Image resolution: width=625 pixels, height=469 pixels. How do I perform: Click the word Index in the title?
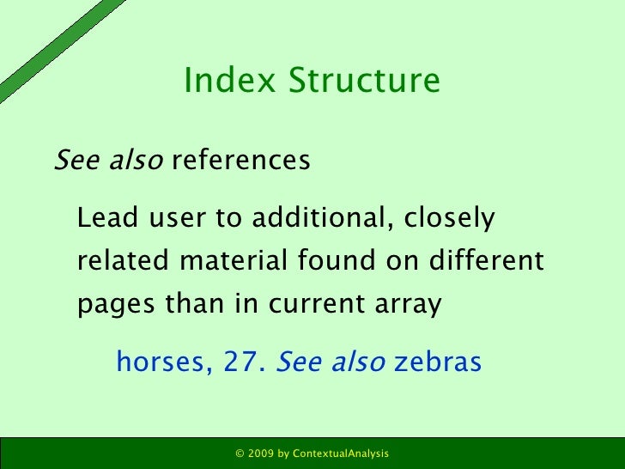click(x=218, y=81)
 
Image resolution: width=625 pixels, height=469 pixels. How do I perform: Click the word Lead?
click(x=100, y=219)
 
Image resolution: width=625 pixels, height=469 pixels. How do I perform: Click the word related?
click(x=121, y=261)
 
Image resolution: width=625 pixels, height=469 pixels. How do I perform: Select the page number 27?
click(x=243, y=363)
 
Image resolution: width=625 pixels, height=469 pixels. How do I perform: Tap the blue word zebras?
click(x=438, y=363)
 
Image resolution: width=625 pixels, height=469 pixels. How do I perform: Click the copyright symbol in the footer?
click(x=240, y=453)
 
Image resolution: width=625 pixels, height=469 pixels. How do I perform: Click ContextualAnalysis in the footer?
click(x=341, y=453)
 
